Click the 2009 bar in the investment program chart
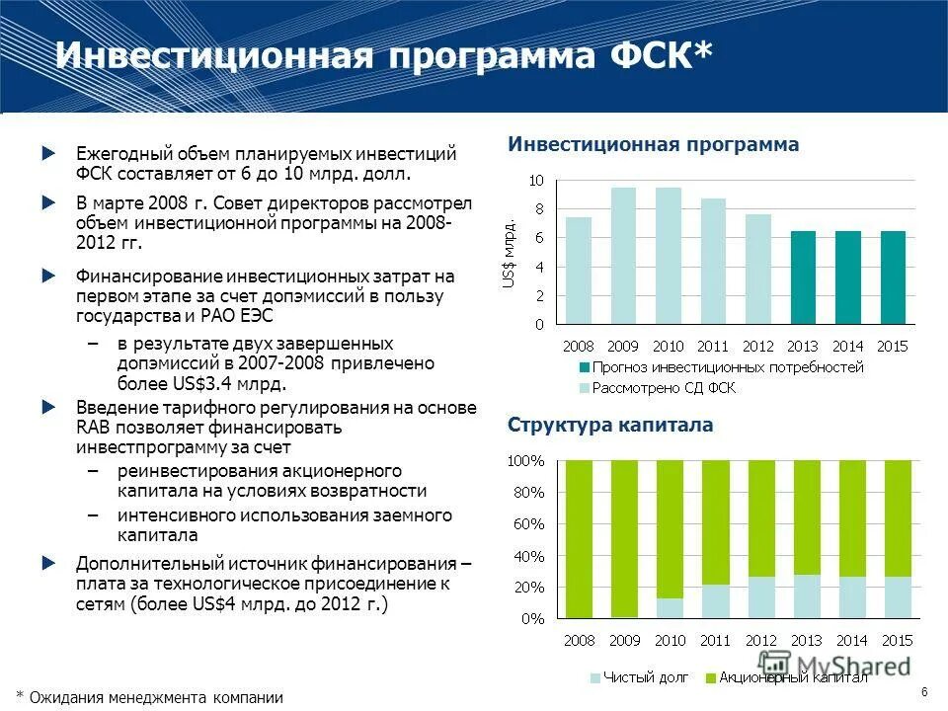tap(623, 256)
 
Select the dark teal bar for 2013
tap(803, 277)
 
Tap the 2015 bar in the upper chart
tap(892, 277)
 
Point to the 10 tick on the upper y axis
tap(535, 181)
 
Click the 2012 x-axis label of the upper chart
tap(757, 347)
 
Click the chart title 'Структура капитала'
tap(609, 426)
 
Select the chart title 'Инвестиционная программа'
tap(653, 145)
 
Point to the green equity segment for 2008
tap(579, 538)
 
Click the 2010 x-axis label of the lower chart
tap(670, 641)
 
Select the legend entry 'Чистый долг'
tap(638, 677)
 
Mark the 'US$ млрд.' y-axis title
tap(509, 254)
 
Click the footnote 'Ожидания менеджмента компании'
tap(155, 697)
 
